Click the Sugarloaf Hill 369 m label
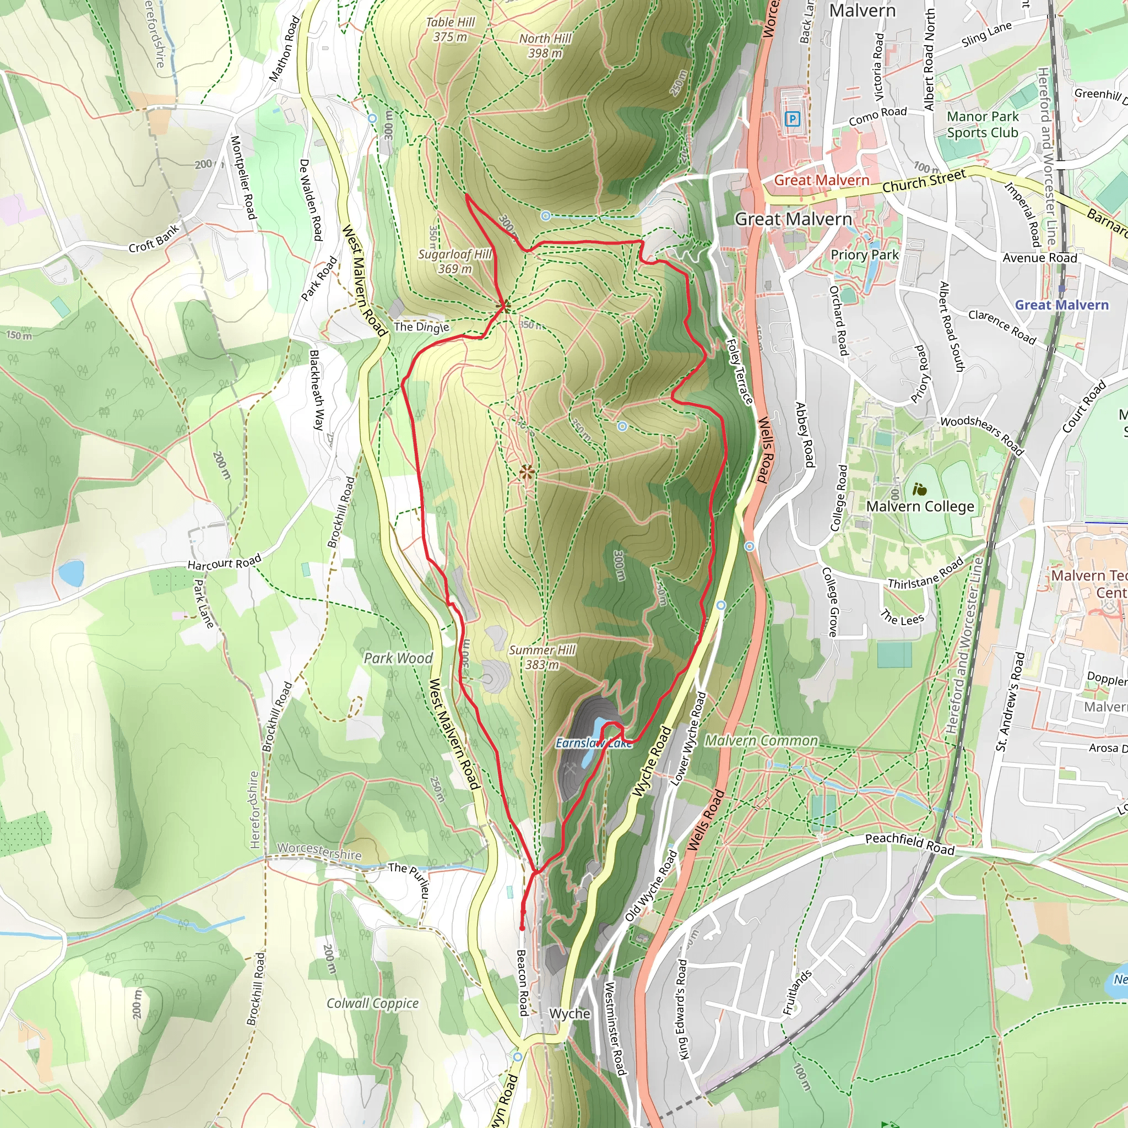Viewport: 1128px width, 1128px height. [455, 262]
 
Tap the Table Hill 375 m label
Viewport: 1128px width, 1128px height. [450, 29]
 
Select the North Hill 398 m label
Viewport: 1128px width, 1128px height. [545, 46]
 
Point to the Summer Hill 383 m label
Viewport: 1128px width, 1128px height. [542, 658]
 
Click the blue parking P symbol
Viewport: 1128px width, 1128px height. [791, 120]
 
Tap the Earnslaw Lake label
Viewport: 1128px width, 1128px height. [594, 743]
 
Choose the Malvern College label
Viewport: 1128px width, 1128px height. [920, 506]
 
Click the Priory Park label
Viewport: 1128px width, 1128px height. [865, 254]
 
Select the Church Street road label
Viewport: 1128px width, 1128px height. [924, 181]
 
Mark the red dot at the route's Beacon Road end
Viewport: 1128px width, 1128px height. [522, 928]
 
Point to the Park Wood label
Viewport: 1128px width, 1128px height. [398, 658]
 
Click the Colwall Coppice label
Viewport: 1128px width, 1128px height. [372, 1003]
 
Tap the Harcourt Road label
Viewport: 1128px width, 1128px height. [224, 563]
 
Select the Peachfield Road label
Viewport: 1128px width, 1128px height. [910, 844]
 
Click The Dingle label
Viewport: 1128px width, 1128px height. [421, 327]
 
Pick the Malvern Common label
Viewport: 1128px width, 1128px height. [761, 740]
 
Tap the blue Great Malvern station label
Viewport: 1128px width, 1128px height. [1061, 305]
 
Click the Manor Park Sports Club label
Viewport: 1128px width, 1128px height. [983, 124]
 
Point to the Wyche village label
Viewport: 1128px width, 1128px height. [570, 1013]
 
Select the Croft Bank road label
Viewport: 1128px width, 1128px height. [154, 239]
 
